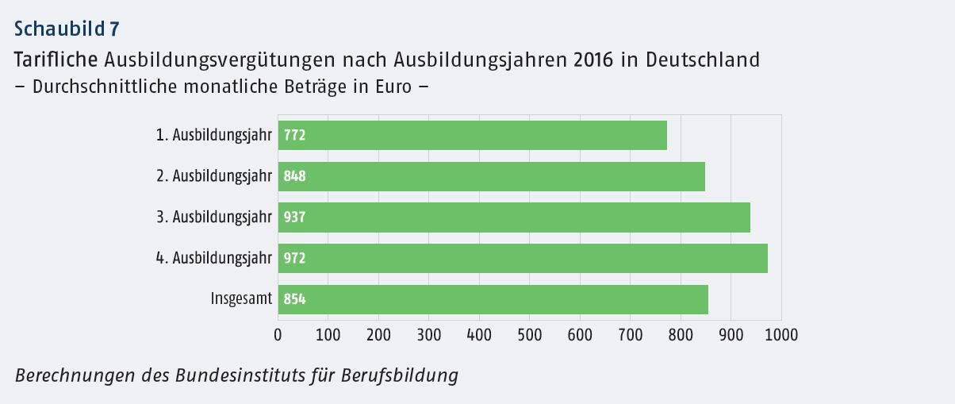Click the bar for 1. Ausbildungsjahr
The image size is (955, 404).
pos(472,135)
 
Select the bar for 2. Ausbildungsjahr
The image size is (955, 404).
pos(491,176)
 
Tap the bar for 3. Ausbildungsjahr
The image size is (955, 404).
pos(514,217)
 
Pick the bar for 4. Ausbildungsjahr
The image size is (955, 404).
pos(523,258)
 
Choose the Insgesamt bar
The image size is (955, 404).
pos(493,299)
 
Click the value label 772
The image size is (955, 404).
pos(294,136)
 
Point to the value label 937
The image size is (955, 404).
pos(294,217)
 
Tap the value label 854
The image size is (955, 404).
pos(294,300)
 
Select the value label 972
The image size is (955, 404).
pos(294,259)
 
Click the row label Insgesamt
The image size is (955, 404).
pos(241,299)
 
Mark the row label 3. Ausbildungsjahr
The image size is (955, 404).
pos(214,217)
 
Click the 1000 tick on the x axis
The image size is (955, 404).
pos(781,334)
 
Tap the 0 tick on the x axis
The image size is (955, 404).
pos(278,334)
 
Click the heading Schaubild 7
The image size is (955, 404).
pos(67,29)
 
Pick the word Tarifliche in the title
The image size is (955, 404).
pos(56,60)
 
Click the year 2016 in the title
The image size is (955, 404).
pos(593,60)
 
